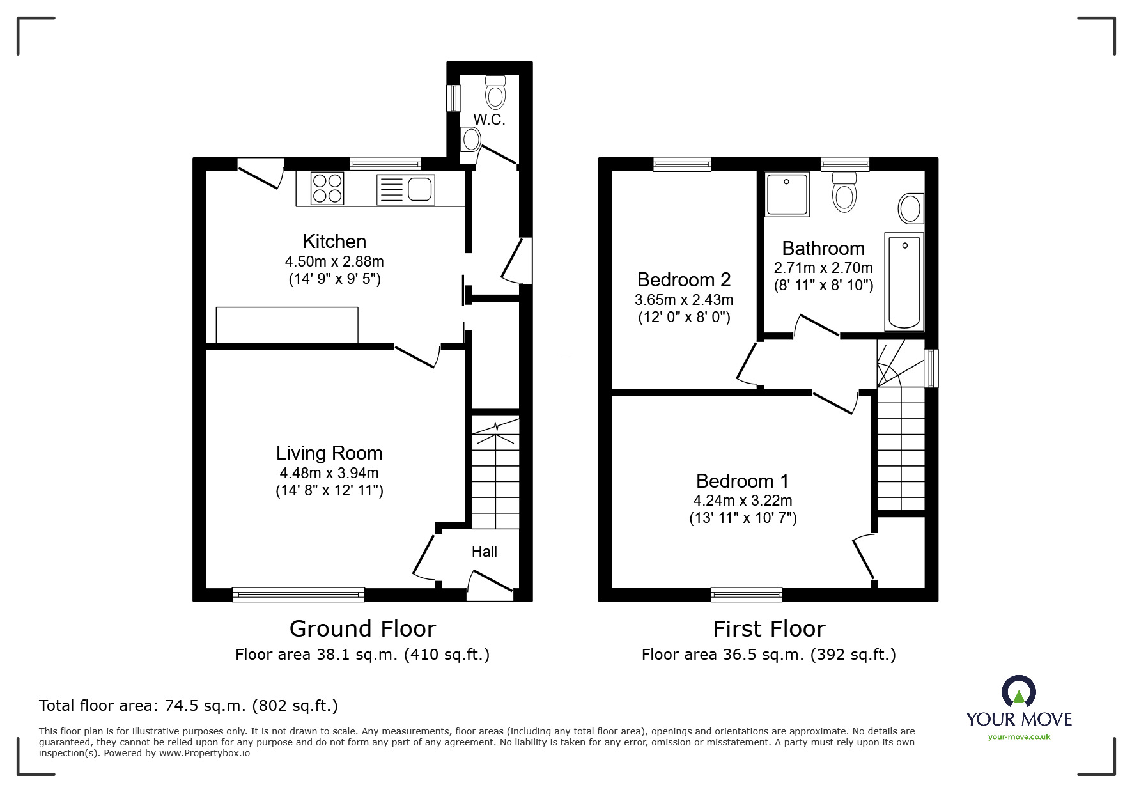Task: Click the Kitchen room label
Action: [x=334, y=242]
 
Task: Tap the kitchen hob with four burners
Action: [x=327, y=189]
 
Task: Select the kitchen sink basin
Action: [x=420, y=189]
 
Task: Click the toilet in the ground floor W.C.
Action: [x=495, y=93]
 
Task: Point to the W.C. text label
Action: [x=490, y=120]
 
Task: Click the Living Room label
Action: [x=329, y=453]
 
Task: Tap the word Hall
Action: [x=484, y=552]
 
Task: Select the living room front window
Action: [x=299, y=594]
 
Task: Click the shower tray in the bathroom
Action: [x=787, y=194]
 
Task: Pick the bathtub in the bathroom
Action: [x=904, y=282]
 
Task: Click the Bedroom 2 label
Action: [x=684, y=280]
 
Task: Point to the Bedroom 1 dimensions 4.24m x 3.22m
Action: [x=743, y=501]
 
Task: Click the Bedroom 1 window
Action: [x=746, y=594]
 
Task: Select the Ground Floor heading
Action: [x=362, y=629]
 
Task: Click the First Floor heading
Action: [x=769, y=629]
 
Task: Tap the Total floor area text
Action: [x=189, y=706]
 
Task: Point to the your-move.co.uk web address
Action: [x=1019, y=737]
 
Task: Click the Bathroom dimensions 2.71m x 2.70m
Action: [x=823, y=268]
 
